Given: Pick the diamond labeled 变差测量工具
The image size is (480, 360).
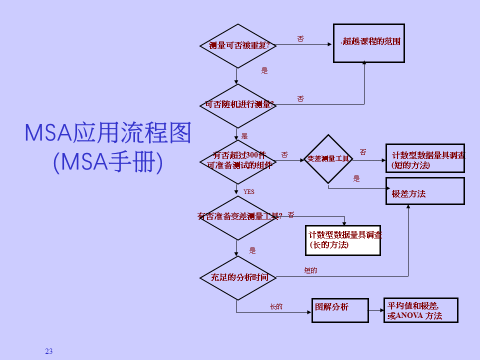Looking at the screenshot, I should click(x=328, y=159).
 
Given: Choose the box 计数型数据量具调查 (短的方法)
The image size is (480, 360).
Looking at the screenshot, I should click(x=425, y=159).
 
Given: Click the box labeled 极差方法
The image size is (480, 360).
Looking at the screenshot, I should click(x=425, y=191).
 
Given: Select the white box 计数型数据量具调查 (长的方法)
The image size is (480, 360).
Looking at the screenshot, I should click(x=343, y=240).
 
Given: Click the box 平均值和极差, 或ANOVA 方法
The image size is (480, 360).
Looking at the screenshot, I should click(x=420, y=311).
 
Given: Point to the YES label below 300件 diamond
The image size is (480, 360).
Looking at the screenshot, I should click(x=249, y=192).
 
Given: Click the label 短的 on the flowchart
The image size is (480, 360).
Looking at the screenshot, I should click(x=310, y=270).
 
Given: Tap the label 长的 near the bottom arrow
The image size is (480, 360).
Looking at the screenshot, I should click(x=276, y=306).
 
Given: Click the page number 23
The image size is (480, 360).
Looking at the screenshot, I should click(x=48, y=351).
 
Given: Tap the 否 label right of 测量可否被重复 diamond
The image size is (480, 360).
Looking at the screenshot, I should click(x=300, y=39).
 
